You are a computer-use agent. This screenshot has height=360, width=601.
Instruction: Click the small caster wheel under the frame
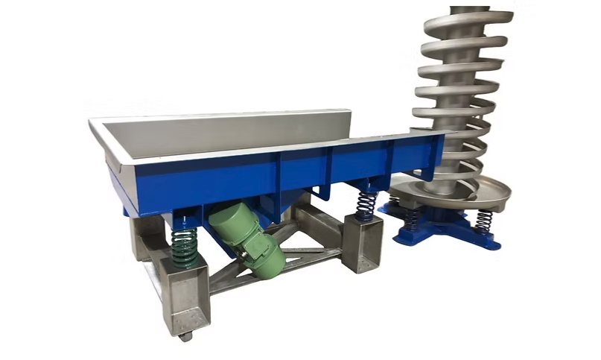tap(185, 336)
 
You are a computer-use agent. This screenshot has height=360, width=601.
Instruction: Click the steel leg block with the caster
tap(185, 298)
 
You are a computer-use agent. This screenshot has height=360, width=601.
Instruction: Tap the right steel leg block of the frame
tap(363, 243)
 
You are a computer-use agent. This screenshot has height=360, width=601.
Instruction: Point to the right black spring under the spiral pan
tap(483, 221)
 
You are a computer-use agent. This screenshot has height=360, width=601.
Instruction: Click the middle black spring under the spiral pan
tap(411, 218)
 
